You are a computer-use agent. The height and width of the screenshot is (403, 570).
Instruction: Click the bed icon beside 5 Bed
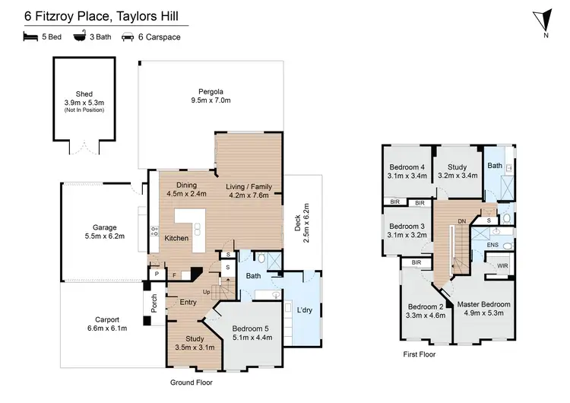[31, 36]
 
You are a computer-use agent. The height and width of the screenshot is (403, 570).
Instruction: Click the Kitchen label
[177, 238]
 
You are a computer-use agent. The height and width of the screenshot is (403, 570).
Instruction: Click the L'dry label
[304, 311]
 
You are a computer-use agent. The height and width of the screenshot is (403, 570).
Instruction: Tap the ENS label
[493, 246]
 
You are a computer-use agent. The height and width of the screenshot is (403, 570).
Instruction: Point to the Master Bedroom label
[484, 304]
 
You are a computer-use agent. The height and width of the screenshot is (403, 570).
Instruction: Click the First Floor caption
[420, 354]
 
